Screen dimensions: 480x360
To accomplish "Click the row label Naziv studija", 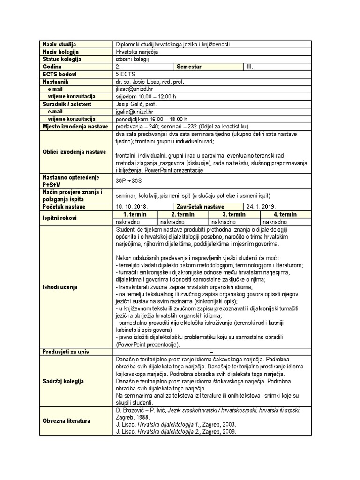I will [x=59, y=44].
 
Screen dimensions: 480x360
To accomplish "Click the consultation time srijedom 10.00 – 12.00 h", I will [x=146, y=97].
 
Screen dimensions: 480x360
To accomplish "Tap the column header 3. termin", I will [x=234, y=214].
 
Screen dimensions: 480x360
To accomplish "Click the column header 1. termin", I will [x=135, y=214].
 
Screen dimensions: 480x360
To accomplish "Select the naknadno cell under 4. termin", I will [x=275, y=222].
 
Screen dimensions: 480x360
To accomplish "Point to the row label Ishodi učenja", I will [x=60, y=286].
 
